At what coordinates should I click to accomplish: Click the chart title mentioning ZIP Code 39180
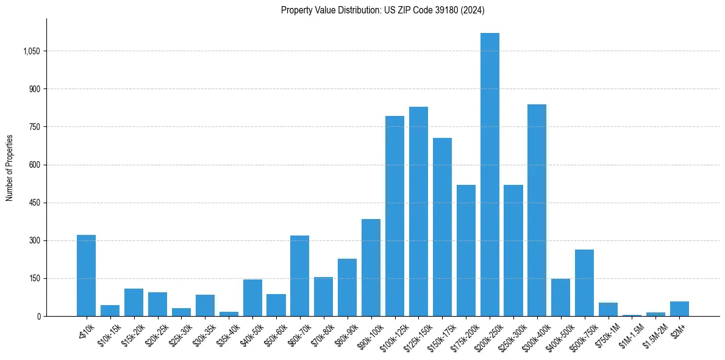[x=382, y=10]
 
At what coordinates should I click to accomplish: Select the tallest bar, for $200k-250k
[x=490, y=175]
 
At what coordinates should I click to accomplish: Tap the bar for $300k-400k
[x=537, y=211]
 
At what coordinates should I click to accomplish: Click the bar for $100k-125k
[x=395, y=216]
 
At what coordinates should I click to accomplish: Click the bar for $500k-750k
[x=584, y=283]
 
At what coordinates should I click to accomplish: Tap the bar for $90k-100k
[x=371, y=268]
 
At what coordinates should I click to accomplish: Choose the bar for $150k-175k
[x=442, y=227]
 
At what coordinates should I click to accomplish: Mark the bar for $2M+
[x=679, y=309]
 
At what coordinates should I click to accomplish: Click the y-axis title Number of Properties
[x=10, y=168]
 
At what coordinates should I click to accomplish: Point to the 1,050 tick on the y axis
[x=31, y=51]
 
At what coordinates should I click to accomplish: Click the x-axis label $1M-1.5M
[x=630, y=334]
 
